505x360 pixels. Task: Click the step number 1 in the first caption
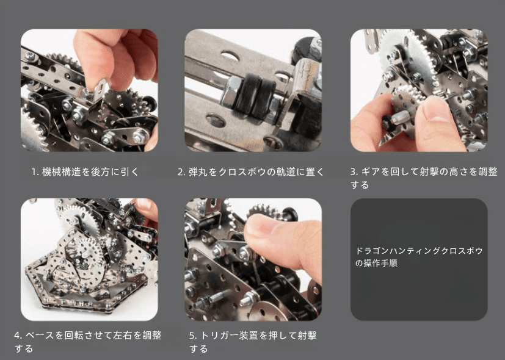click(34, 172)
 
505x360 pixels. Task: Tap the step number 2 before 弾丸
click(181, 172)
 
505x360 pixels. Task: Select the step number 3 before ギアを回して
click(354, 172)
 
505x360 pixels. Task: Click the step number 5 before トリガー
click(192, 336)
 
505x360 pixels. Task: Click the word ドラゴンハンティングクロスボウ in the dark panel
click(419, 251)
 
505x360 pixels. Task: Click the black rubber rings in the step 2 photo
click(255, 96)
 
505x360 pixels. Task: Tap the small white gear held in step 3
click(406, 96)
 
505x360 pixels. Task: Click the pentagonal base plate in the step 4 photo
click(87, 286)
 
